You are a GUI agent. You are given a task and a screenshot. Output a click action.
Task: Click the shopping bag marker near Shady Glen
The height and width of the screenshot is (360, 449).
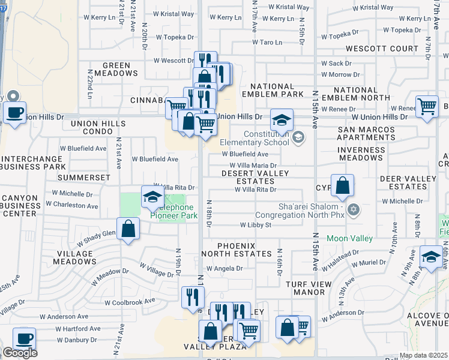pyautogui.click(x=128, y=229)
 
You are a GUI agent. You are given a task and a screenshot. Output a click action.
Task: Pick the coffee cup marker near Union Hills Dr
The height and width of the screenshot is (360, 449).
pyautogui.click(x=14, y=112)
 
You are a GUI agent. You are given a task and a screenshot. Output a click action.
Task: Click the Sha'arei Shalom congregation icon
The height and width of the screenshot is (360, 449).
pyautogui.click(x=354, y=209)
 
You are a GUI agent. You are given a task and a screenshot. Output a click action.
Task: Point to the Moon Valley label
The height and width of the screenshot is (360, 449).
pyautogui.click(x=349, y=238)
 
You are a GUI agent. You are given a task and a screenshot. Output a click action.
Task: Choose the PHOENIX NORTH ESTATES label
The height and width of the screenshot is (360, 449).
pyautogui.click(x=236, y=250)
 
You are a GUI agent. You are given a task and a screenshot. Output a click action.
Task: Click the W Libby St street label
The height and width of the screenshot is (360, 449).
pyautogui.click(x=256, y=226)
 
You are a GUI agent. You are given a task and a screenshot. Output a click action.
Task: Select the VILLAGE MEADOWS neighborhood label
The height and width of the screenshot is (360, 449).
pyautogui.click(x=75, y=257)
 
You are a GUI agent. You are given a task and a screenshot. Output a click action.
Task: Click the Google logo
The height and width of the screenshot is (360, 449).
pyautogui.click(x=20, y=353)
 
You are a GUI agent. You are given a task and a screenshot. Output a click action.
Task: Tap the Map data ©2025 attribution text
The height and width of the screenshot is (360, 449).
pyautogui.click(x=423, y=355)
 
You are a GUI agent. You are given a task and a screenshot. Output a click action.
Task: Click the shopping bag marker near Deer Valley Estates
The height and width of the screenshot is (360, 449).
pyautogui.click(x=342, y=185)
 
